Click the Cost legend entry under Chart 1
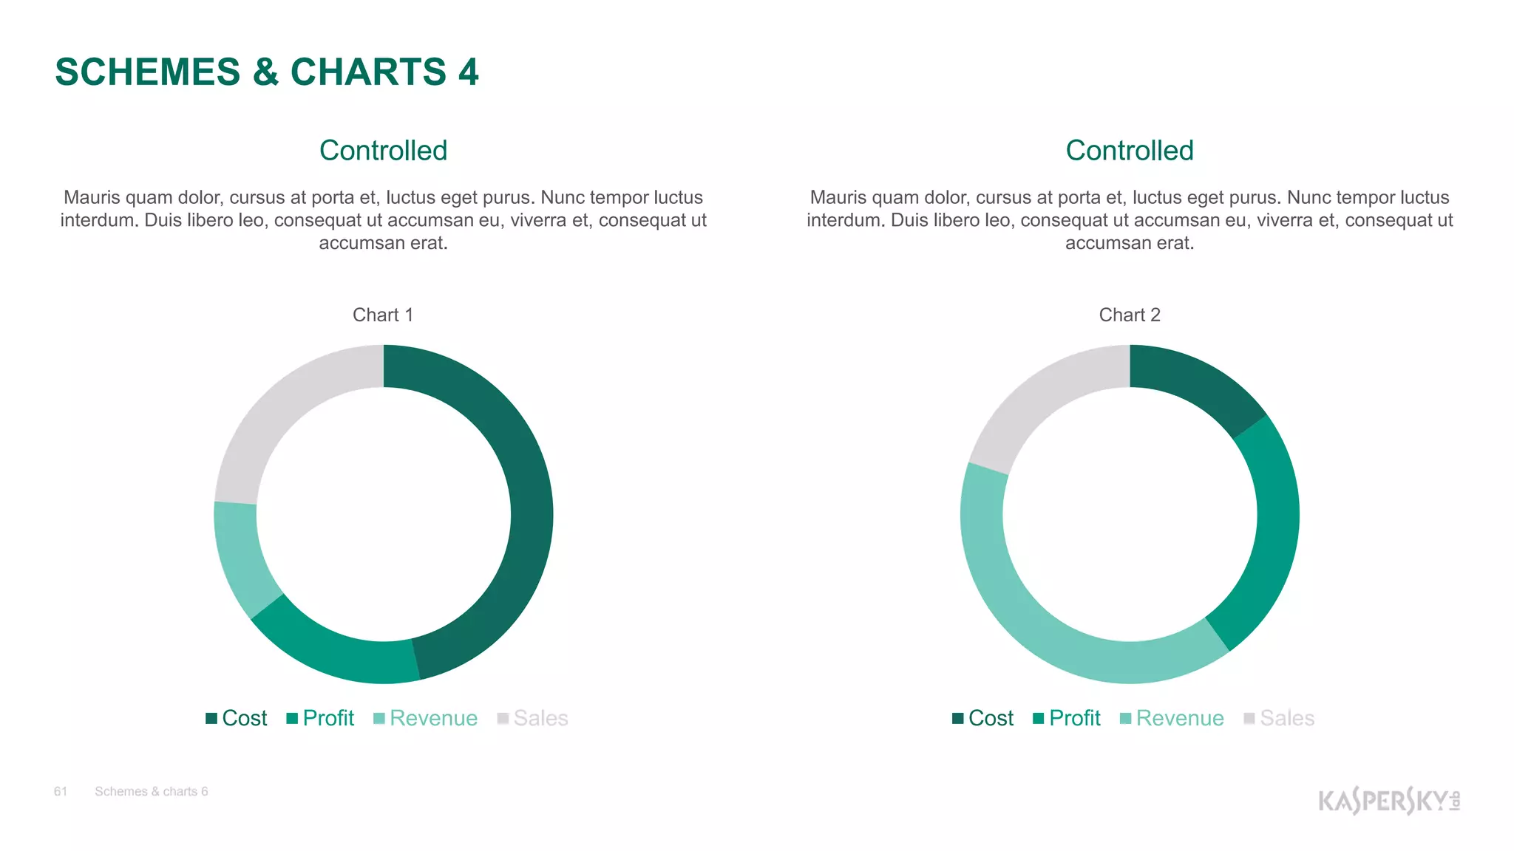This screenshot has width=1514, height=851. (x=237, y=718)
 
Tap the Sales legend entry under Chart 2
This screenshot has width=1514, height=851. (x=1280, y=718)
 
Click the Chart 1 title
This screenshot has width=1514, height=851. (x=383, y=315)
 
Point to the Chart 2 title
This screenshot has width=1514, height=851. (x=1130, y=315)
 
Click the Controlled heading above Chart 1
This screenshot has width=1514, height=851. (x=383, y=151)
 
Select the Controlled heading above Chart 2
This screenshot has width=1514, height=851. (x=1130, y=151)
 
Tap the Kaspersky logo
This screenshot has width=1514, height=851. (x=1388, y=801)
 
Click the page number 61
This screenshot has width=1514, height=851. (x=61, y=792)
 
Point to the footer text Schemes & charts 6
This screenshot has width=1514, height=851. (x=152, y=792)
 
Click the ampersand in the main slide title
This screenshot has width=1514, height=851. (x=265, y=72)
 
